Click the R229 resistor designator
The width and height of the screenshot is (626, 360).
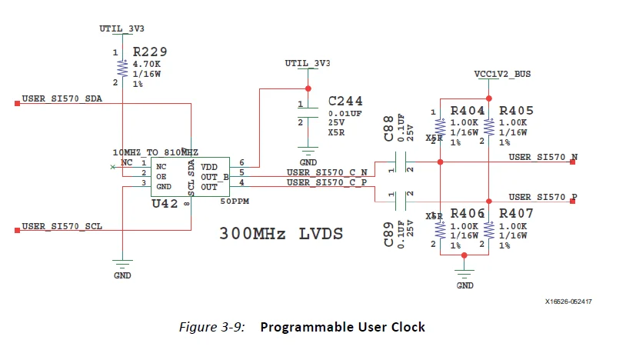[x=151, y=52]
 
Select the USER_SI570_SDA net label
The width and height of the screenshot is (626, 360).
[x=62, y=99]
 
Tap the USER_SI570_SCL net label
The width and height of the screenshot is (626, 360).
[x=62, y=227]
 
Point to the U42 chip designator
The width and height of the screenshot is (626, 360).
[x=165, y=204]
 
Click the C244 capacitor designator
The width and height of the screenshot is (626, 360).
[x=345, y=101]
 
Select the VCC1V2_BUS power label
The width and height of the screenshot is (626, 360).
[x=503, y=75]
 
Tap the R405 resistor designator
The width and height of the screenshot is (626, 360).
[x=516, y=111]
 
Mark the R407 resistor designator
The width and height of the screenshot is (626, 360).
[x=516, y=213]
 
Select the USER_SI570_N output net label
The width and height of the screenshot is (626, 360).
[x=543, y=157]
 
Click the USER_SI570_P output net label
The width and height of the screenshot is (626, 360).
[x=543, y=197]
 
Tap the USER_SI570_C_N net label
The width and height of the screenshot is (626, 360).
[x=326, y=172]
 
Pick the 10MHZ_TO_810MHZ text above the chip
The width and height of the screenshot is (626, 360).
[x=155, y=152]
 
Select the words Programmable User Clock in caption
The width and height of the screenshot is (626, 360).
[x=342, y=327]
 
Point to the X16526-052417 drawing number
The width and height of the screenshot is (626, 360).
[x=574, y=302]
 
